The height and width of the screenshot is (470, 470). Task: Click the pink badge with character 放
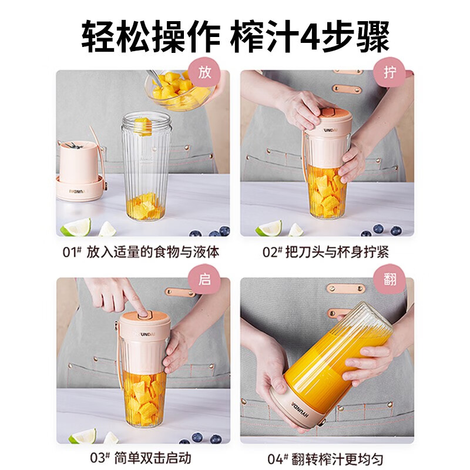coord(204,72)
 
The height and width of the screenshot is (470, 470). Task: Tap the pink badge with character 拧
coord(389,72)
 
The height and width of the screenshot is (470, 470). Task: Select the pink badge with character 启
coord(204,280)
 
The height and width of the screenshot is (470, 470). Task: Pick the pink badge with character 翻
coord(389,280)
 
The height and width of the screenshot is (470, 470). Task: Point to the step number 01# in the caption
coord(72,252)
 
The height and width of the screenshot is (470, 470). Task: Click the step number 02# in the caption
coord(273,252)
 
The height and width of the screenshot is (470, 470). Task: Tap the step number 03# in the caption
coord(100,458)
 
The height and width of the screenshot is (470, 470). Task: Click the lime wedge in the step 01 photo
coord(76,227)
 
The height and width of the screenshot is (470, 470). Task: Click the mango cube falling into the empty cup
coord(143,126)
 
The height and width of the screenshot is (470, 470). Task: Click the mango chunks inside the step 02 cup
coord(327,195)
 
